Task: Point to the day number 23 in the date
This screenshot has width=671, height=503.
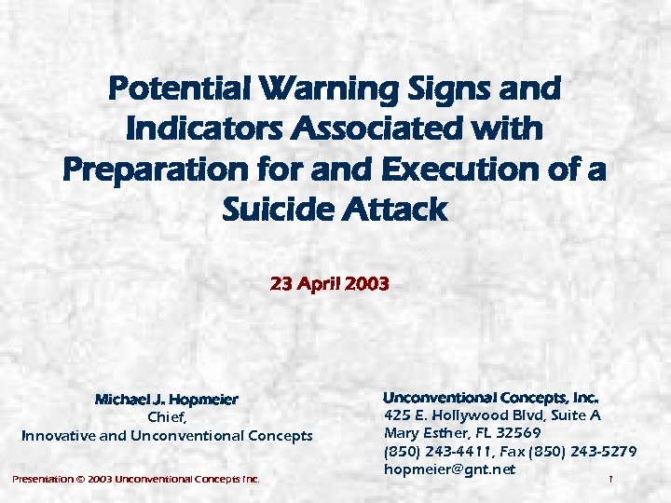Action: [281, 283]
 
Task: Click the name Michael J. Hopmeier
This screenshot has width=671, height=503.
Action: [167, 400]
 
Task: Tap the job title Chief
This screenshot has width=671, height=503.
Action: [168, 417]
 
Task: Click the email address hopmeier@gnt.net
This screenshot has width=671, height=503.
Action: [449, 469]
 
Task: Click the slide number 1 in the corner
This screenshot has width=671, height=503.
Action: [609, 480]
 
